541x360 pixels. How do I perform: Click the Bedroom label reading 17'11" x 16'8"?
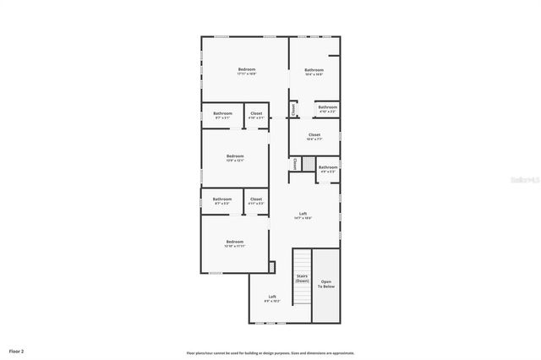coord(247,71)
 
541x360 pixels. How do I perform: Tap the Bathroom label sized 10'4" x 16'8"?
coord(314,72)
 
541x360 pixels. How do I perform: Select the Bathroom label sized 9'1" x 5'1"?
coord(222,115)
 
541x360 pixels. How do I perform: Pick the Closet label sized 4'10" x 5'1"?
coord(256,115)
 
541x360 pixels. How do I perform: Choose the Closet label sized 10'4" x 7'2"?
coord(314,136)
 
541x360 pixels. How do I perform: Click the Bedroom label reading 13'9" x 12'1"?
coord(235,158)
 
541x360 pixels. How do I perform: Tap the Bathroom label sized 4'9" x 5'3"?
coord(328,169)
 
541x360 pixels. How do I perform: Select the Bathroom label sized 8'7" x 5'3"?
coord(222,201)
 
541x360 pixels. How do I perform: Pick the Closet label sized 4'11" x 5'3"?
coord(256,201)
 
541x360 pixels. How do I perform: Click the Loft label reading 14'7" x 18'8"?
coord(303,215)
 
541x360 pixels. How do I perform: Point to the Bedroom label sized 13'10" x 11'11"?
coord(235,244)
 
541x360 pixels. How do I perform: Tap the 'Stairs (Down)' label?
coord(302,278)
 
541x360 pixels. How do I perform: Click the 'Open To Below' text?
coord(325,284)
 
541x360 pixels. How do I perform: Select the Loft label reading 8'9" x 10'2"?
coord(272,298)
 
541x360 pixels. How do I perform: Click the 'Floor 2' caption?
coord(17,350)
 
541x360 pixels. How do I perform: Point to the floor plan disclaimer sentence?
coord(270,352)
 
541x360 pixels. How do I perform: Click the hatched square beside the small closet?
coord(309,164)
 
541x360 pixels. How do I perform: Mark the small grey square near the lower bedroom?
coord(271,267)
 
